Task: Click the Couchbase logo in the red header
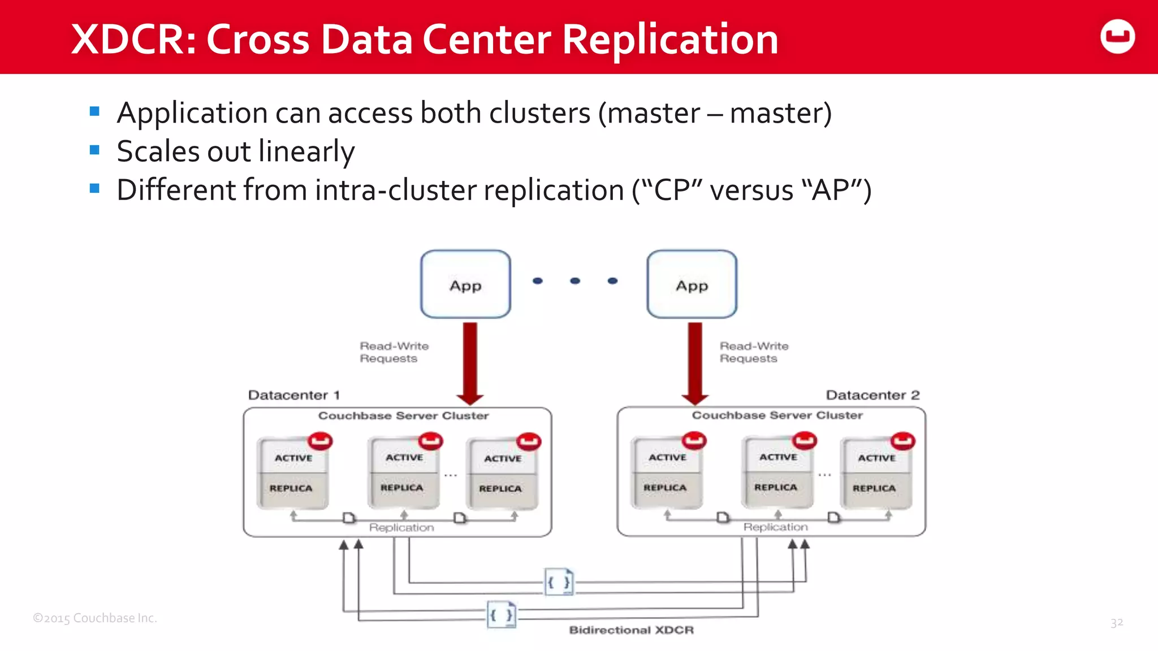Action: [1117, 37]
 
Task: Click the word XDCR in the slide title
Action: [133, 40]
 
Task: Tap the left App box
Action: [465, 284]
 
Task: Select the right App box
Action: [692, 284]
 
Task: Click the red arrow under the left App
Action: [470, 362]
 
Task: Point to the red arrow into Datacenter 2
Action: [695, 362]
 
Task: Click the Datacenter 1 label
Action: [293, 395]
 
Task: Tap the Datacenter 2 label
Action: [872, 395]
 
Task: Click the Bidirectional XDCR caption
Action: [631, 630]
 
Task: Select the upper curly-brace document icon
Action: [559, 582]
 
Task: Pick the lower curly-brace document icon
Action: [502, 615]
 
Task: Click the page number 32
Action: [1116, 623]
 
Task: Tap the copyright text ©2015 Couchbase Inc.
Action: [95, 618]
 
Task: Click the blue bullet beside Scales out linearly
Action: [94, 150]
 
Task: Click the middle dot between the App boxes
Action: [575, 281]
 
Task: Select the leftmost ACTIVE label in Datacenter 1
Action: [293, 458]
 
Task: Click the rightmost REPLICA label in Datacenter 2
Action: [874, 488]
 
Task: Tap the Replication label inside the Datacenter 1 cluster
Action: [401, 527]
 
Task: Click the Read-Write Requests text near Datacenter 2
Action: [753, 352]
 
